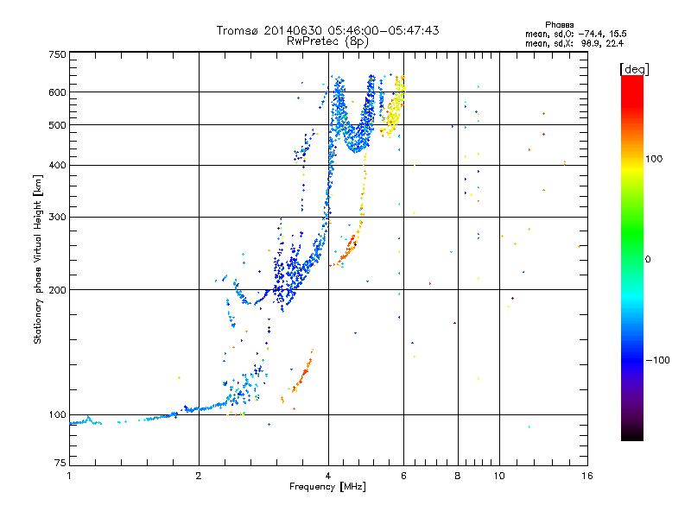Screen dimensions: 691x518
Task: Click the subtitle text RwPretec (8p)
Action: [x=327, y=41]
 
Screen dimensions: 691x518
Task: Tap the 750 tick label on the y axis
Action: [x=57, y=54]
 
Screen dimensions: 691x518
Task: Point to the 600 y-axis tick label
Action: [x=57, y=92]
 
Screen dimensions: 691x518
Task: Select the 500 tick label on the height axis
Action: [x=57, y=125]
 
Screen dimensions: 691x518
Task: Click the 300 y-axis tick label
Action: [x=57, y=218]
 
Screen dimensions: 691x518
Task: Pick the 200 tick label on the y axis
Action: [x=57, y=290]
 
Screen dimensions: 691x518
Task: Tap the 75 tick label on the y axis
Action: [x=60, y=463]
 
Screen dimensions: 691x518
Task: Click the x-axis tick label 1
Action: [x=69, y=476]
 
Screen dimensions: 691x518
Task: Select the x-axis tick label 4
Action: [x=328, y=476]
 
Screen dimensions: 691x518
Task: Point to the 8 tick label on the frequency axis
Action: [x=458, y=476]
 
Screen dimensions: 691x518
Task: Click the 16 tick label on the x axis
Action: [x=587, y=476]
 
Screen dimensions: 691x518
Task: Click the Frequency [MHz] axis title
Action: [x=327, y=487]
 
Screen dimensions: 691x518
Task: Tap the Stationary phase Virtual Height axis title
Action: [x=38, y=259]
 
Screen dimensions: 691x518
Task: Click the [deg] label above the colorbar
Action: [x=634, y=69]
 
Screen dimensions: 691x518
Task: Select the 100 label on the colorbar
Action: [x=654, y=159]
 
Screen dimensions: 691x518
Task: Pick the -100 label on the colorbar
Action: [x=657, y=360]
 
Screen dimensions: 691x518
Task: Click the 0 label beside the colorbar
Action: [x=648, y=260]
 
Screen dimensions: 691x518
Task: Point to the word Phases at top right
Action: [x=559, y=25]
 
